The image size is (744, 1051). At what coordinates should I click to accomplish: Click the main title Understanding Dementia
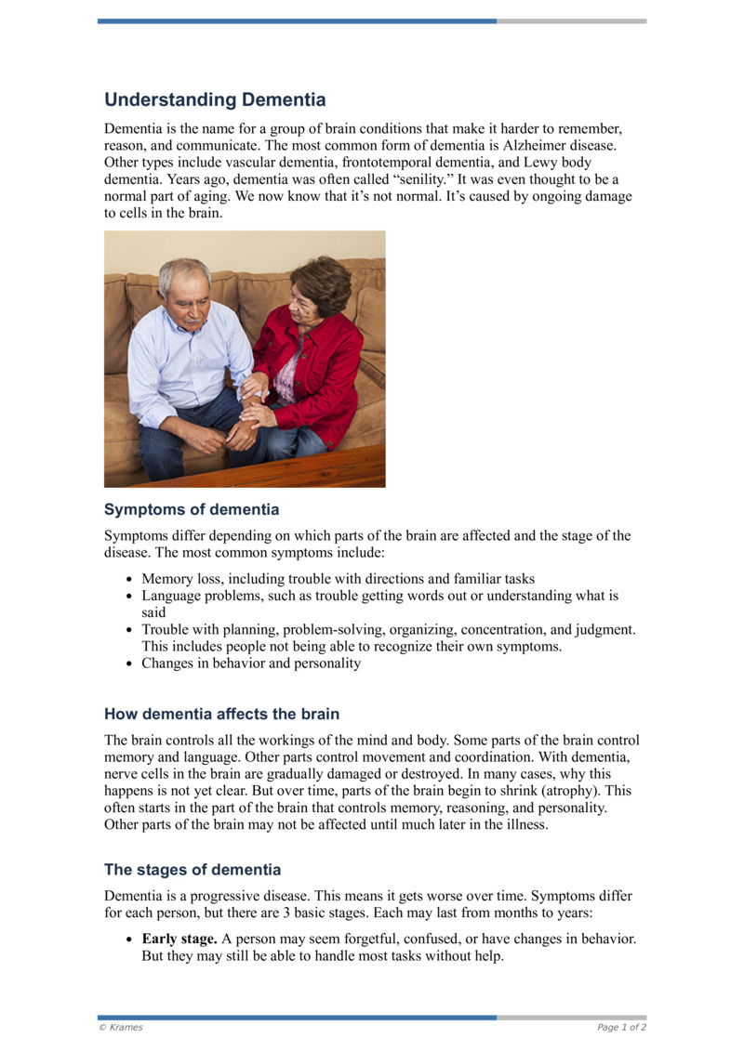point(215,99)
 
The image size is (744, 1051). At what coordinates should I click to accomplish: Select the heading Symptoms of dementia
point(192,509)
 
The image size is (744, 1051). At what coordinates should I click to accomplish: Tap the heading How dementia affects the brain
point(221,714)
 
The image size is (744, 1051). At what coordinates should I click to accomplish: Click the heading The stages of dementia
point(193,870)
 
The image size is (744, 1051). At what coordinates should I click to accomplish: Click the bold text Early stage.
point(179,939)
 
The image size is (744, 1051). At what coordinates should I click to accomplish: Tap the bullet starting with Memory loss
point(338,578)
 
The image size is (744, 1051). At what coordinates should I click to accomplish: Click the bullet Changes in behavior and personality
point(250,663)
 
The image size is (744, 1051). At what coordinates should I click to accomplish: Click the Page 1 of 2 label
point(621,1028)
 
